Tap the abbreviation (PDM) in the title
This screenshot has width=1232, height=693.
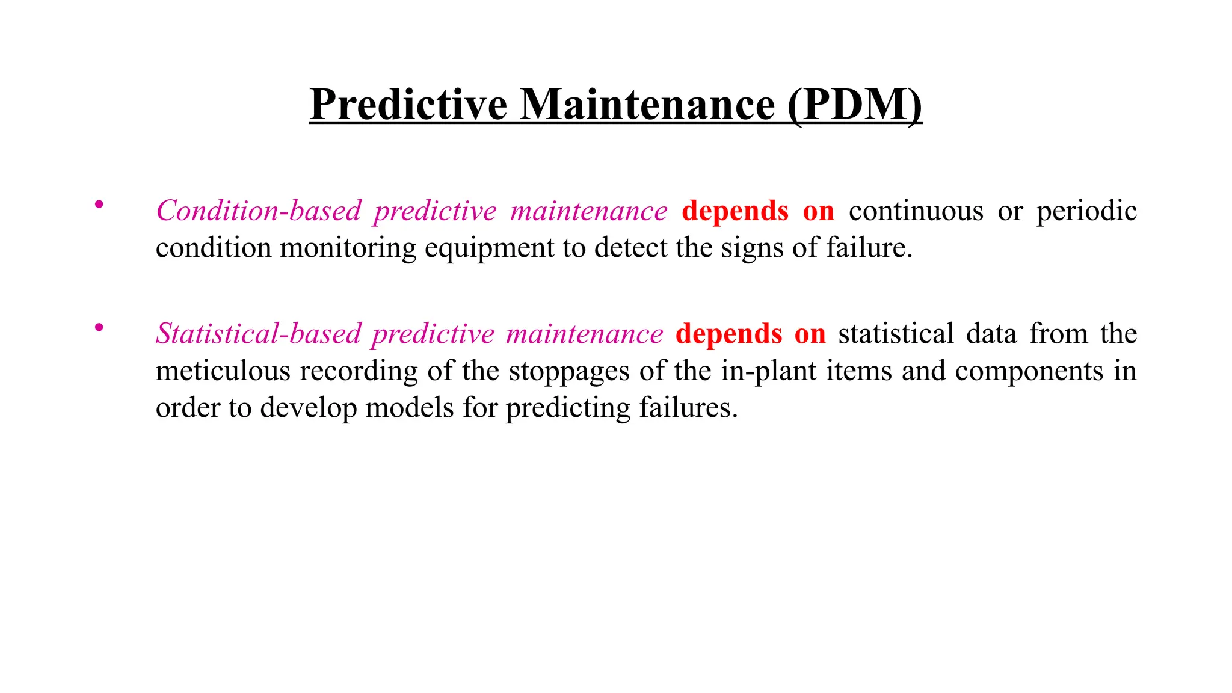[x=854, y=105]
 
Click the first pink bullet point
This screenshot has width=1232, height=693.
[x=99, y=205]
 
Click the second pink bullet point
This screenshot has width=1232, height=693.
[x=99, y=328]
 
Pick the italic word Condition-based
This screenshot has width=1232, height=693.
[x=259, y=211]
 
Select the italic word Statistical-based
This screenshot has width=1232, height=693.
[x=259, y=334]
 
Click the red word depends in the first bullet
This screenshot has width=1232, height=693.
[x=735, y=211]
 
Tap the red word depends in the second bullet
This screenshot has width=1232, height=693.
[x=728, y=334]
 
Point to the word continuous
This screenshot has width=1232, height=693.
[x=916, y=211]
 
